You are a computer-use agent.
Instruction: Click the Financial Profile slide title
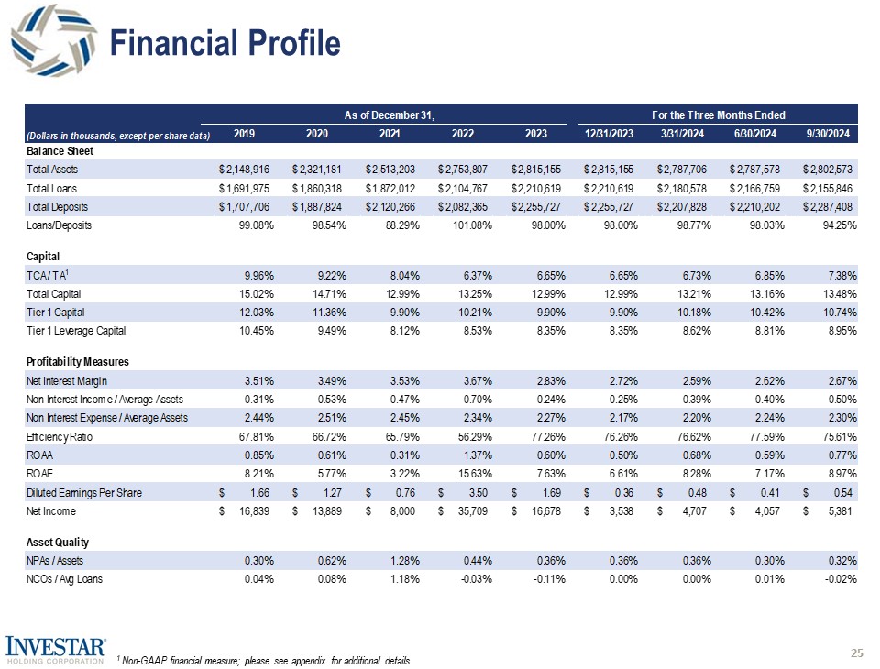225,43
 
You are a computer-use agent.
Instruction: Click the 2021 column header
390,134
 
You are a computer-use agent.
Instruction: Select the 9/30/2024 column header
829,134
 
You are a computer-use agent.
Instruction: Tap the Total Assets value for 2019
245,170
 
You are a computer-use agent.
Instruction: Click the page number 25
857,653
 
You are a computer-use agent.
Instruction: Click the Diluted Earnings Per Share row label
84,493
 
